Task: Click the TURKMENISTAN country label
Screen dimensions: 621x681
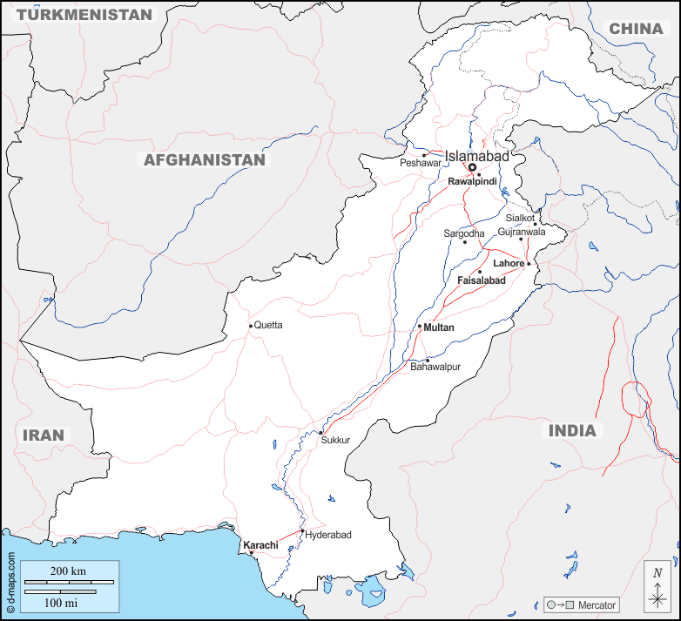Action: click(x=84, y=15)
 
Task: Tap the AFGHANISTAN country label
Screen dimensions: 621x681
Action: click(x=204, y=160)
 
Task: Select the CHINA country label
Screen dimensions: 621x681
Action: click(x=636, y=29)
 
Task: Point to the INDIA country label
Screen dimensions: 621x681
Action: click(x=572, y=430)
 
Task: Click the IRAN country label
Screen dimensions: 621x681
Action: click(x=43, y=435)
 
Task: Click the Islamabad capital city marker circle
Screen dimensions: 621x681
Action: click(x=472, y=167)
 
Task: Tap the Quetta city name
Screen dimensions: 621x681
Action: click(x=268, y=325)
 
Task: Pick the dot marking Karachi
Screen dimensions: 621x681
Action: click(x=252, y=552)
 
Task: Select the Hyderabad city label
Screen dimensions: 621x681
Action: click(x=328, y=535)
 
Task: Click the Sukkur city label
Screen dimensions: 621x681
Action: click(x=335, y=440)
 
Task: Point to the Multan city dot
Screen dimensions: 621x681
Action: click(x=420, y=327)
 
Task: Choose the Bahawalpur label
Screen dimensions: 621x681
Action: click(x=435, y=367)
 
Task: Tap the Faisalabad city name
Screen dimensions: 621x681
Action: click(x=481, y=281)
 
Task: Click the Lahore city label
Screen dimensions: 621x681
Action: click(x=509, y=263)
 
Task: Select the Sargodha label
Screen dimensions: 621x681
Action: click(x=464, y=233)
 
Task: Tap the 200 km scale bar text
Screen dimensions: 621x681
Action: click(x=67, y=571)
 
